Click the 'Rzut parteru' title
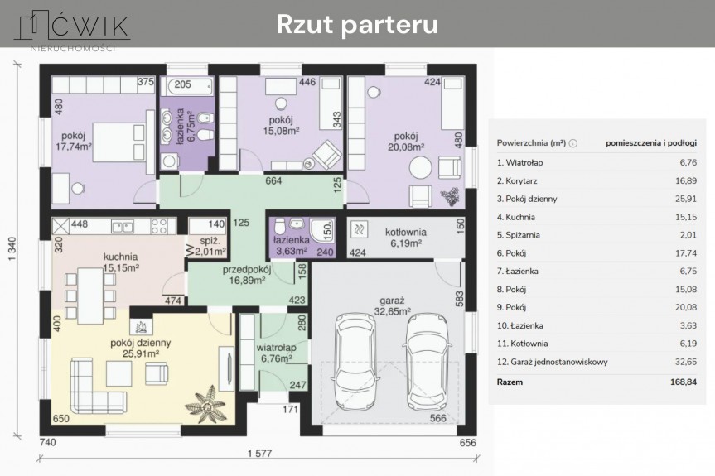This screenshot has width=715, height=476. [x=357, y=24]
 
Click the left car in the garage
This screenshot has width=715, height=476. [x=355, y=361]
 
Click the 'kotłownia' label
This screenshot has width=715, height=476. [x=405, y=232]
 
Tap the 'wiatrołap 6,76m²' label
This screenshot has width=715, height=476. [x=277, y=353]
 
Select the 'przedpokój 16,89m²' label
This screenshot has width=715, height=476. [x=247, y=275]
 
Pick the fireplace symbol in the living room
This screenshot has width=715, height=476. [x=142, y=326]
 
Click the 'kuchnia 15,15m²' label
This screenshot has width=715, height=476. [x=121, y=262]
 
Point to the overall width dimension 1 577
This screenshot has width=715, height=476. [x=260, y=453]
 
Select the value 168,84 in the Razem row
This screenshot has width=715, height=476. [x=683, y=382]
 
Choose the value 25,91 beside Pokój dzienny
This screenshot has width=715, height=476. [x=686, y=199]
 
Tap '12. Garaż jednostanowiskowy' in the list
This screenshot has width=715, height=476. [x=553, y=362]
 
